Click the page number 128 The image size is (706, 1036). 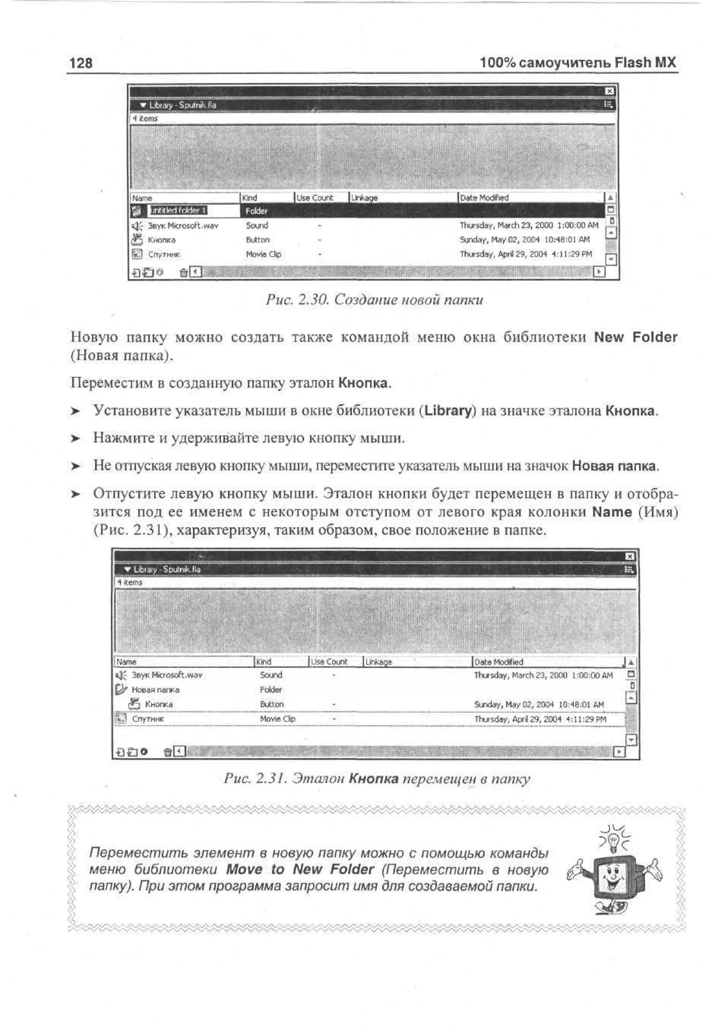point(81,62)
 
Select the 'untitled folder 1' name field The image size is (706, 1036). point(178,211)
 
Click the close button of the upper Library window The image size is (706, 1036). point(609,91)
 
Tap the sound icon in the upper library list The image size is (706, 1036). point(137,226)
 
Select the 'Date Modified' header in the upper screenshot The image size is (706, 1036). point(484,197)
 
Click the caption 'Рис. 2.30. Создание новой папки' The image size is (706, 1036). point(374,299)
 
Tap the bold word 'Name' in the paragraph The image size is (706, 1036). point(612,512)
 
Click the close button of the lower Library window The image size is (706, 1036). point(629,556)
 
